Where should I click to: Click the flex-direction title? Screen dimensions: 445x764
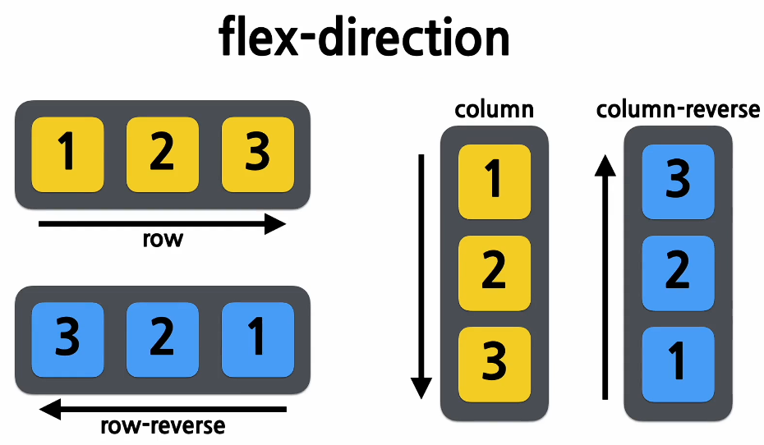tap(365, 37)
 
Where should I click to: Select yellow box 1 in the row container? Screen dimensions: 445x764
tap(67, 154)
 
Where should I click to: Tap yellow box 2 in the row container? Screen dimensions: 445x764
tap(163, 154)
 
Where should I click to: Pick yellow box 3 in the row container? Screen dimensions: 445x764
tap(258, 154)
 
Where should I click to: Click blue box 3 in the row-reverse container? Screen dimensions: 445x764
tap(67, 340)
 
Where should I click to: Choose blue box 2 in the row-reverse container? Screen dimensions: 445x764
tap(163, 340)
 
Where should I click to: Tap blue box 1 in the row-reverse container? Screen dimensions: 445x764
tap(258, 340)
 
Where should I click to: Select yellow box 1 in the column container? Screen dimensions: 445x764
tap(495, 181)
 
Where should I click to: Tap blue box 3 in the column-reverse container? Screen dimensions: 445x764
tap(678, 181)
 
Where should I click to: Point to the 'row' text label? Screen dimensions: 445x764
tap(163, 240)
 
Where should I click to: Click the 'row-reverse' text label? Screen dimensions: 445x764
tap(163, 426)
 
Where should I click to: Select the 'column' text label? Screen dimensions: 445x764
tap(495, 109)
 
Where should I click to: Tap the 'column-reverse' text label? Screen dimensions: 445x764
tap(678, 109)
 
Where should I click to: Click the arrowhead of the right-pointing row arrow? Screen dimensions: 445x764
tap(276, 223)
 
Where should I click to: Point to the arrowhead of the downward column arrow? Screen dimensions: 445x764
tap(421, 388)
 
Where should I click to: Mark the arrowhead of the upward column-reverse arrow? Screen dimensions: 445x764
tap(605, 167)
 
